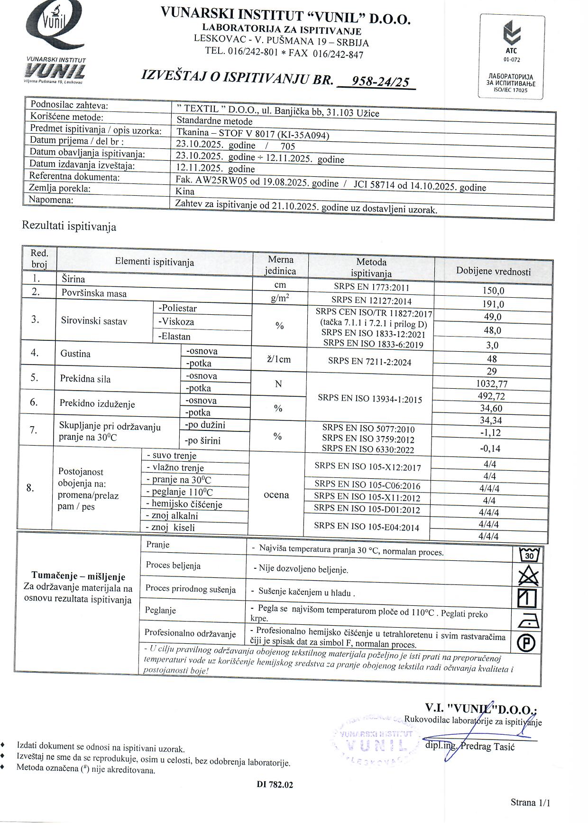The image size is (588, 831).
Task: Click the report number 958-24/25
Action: pyautogui.click(x=377, y=82)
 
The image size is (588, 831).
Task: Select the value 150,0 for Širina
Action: pyautogui.click(x=493, y=291)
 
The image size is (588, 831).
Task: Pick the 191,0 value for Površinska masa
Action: pyautogui.click(x=493, y=304)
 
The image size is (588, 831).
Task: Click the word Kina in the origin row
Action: pyautogui.click(x=185, y=192)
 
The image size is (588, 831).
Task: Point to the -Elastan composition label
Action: pyautogui.click(x=175, y=337)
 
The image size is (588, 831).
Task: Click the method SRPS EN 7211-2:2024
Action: pyautogui.click(x=370, y=362)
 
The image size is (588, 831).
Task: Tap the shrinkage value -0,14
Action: pyautogui.click(x=490, y=448)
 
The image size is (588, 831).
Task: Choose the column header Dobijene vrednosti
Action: pyautogui.click(x=493, y=272)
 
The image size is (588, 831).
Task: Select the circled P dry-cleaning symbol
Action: pyautogui.click(x=527, y=643)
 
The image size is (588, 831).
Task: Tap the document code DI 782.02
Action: pyautogui.click(x=275, y=785)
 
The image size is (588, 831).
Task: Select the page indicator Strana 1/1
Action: pyautogui.click(x=531, y=803)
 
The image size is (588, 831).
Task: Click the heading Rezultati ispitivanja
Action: pyautogui.click(x=69, y=227)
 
